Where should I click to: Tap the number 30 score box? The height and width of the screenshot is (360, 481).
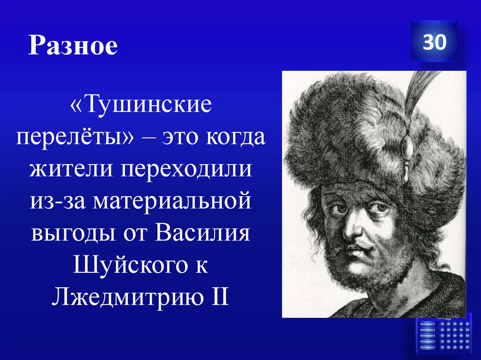(434, 42)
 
